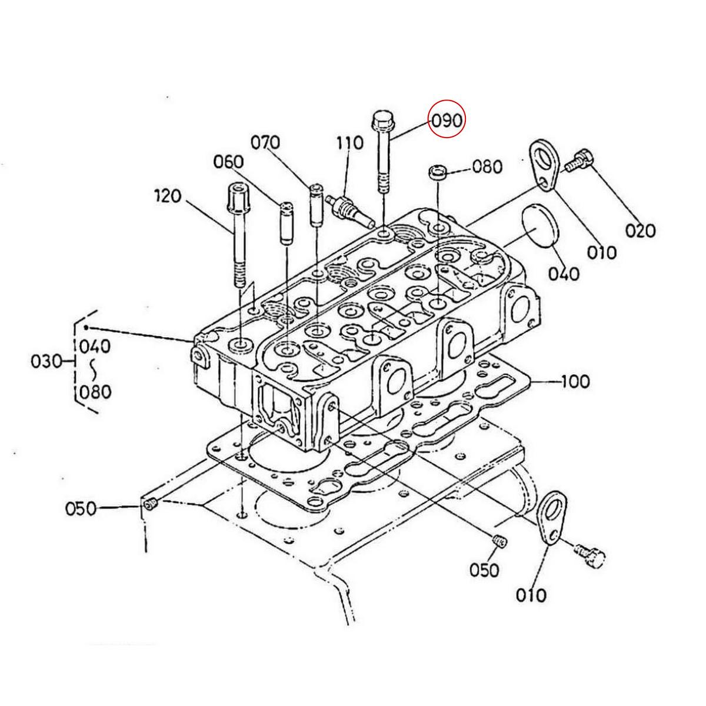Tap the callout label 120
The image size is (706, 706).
click(168, 196)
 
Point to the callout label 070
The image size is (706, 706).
click(265, 142)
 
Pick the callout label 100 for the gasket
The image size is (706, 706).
click(575, 381)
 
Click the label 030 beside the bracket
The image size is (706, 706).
click(46, 361)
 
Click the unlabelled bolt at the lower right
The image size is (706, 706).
click(588, 555)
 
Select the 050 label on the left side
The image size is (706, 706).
click(81, 508)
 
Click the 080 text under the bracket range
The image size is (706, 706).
click(95, 391)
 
